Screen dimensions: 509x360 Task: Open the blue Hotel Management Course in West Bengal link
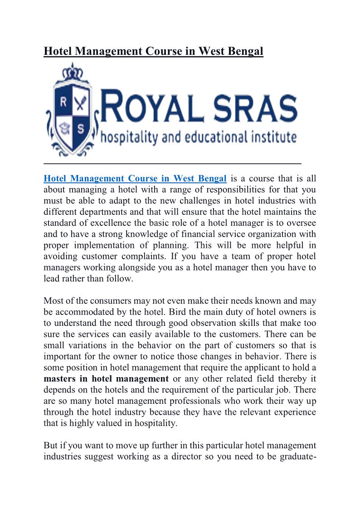pyautogui.click(x=135, y=178)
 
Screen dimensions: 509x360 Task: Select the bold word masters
pyautogui.click(x=60, y=378)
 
